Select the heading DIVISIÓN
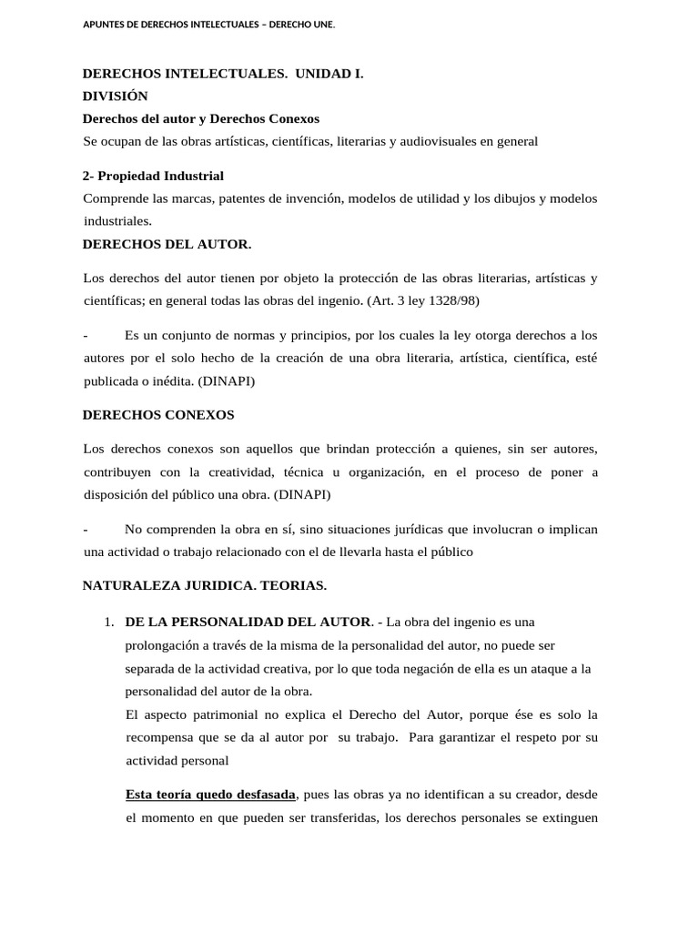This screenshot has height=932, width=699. coord(115,96)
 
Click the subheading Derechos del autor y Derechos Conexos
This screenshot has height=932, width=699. coord(200,119)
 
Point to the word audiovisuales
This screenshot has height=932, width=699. coord(439,141)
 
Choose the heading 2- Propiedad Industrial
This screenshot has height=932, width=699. coord(153,176)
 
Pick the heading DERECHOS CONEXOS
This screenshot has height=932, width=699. coord(158,415)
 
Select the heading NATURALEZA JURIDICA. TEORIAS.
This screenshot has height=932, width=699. coord(205,584)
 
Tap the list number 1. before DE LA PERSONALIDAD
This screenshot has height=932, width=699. coord(108,623)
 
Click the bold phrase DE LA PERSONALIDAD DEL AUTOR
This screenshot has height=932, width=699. coord(248,623)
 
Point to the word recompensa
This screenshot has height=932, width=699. coord(159,737)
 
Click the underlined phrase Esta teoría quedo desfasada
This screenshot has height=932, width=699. coord(210,795)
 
